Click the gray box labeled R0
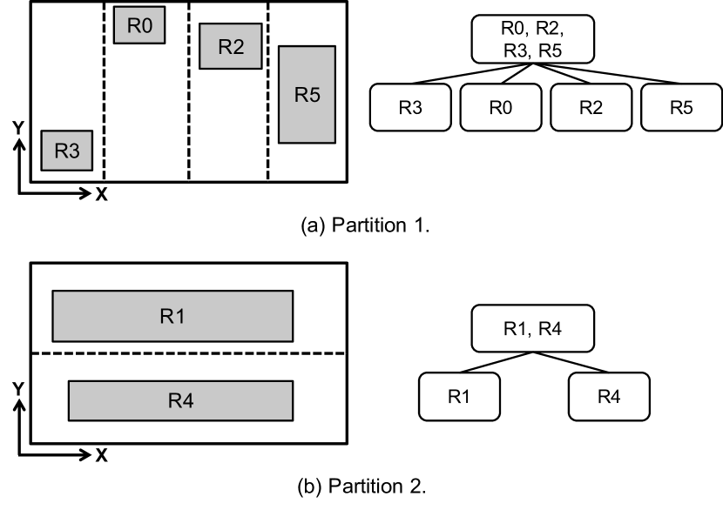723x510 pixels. click(x=139, y=25)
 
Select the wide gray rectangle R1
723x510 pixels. click(x=172, y=316)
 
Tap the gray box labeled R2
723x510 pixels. click(x=231, y=46)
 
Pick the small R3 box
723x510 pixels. click(x=67, y=151)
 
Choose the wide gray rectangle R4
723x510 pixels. click(x=180, y=400)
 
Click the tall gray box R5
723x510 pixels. click(x=307, y=94)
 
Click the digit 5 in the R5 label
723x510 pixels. click(x=314, y=95)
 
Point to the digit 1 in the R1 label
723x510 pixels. click(x=179, y=316)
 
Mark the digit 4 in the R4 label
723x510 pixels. click(x=187, y=400)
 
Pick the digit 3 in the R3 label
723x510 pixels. click(x=74, y=151)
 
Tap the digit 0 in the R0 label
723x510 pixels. click(x=146, y=25)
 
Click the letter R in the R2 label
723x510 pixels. click(x=224, y=47)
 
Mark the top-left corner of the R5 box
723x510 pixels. click(x=279, y=46)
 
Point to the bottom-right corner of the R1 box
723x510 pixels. click(x=293, y=341)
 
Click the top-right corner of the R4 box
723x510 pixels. click(x=293, y=381)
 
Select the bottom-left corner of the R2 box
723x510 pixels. click(x=199, y=69)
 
